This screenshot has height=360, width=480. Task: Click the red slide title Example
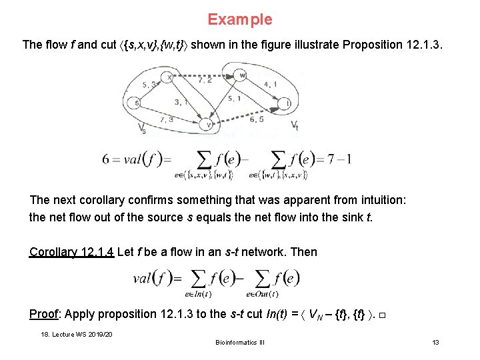click(x=239, y=19)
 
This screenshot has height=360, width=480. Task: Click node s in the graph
click(x=135, y=103)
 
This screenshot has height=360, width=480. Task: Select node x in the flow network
click(x=170, y=77)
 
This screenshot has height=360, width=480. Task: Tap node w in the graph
click(x=243, y=74)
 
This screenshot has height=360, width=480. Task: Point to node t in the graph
click(x=287, y=103)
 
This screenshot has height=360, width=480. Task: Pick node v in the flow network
click(x=209, y=124)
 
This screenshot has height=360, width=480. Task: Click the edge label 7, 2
click(x=205, y=80)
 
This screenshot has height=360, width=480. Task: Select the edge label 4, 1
click(x=271, y=84)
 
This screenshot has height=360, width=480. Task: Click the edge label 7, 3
click(x=167, y=120)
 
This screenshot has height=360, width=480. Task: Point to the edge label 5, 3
click(x=149, y=84)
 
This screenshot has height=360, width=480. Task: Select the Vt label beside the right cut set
click(x=295, y=125)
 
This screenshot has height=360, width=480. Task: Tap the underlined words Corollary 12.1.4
click(x=72, y=252)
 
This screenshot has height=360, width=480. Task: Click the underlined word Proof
click(x=45, y=314)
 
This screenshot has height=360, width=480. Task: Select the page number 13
click(x=435, y=343)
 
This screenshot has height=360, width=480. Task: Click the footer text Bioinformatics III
click(x=240, y=343)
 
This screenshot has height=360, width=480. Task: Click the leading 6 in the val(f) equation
click(x=106, y=159)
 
